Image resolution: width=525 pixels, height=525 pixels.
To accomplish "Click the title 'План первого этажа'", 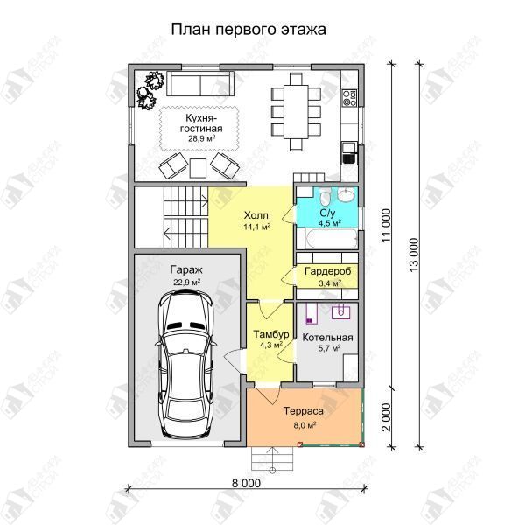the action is (x=248, y=30).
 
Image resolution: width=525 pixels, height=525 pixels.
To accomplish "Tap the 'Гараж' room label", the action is (x=186, y=269).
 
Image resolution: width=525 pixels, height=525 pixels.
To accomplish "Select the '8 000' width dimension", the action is (x=246, y=483).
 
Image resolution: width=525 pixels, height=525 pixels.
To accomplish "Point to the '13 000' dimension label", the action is (x=414, y=255).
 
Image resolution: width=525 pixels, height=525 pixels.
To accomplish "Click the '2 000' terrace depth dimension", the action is (x=386, y=416).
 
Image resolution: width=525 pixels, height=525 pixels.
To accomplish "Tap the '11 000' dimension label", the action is (x=386, y=226).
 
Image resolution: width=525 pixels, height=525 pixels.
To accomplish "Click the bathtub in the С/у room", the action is (x=332, y=239).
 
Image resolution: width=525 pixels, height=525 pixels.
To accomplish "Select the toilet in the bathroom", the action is (x=325, y=196).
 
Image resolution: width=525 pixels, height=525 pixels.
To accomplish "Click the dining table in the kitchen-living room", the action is (x=296, y=111).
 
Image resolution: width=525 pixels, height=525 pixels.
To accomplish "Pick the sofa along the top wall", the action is (x=200, y=83).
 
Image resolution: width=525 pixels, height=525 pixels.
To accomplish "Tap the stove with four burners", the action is (x=349, y=98).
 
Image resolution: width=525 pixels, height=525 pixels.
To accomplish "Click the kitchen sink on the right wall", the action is (x=349, y=152).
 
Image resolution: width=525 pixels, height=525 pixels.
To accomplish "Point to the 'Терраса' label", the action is (x=304, y=411).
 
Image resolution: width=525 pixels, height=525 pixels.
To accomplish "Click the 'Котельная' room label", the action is (x=327, y=338).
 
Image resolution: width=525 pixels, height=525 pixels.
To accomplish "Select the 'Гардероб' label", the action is (x=328, y=271).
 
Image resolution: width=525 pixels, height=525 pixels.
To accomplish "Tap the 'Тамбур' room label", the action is (x=271, y=334).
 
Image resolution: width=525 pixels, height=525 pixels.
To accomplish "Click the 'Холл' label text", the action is (x=256, y=215).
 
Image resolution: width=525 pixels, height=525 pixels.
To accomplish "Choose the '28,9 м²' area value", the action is (x=201, y=138).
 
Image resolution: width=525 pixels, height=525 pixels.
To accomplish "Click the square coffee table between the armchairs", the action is (x=198, y=168).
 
